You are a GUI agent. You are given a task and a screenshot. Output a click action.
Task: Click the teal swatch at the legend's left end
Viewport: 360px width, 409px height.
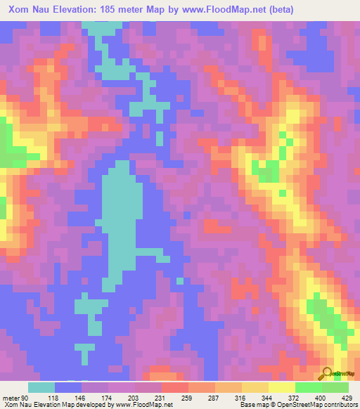[41, 387]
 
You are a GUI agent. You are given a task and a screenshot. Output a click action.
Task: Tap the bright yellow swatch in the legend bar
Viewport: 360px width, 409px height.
[281, 387]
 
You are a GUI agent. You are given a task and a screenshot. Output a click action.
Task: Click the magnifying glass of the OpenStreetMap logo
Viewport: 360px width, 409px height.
[328, 373]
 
